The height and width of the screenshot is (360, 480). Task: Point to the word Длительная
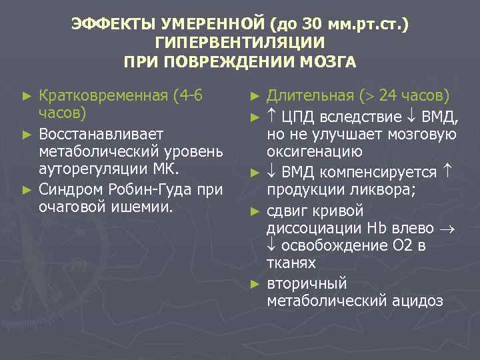[307, 97]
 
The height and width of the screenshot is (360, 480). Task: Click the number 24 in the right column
[389, 97]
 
